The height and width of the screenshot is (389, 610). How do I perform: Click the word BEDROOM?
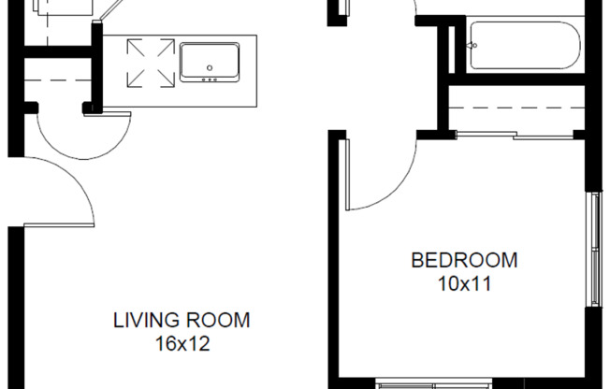464,260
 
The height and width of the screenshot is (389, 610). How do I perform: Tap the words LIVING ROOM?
182,321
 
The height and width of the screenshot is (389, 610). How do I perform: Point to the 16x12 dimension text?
182,343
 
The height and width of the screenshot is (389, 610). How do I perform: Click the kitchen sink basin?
211,58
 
